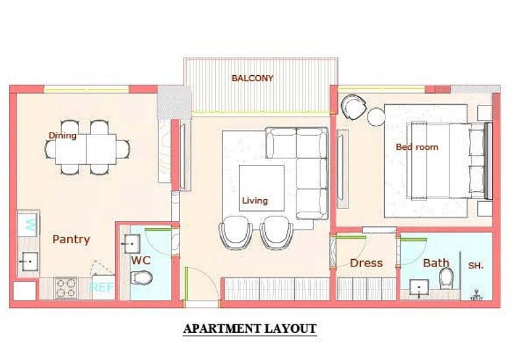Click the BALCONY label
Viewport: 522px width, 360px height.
(252, 78)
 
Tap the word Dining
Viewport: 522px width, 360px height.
(63, 135)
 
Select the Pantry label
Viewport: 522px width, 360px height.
(71, 239)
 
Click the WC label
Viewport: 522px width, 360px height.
(141, 260)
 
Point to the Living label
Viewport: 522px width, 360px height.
(255, 200)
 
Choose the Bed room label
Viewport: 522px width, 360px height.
(417, 147)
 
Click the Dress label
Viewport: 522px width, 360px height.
(366, 263)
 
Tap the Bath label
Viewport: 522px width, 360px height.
(436, 263)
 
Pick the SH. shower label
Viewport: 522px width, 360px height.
(476, 266)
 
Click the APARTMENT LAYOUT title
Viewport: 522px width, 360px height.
(249, 329)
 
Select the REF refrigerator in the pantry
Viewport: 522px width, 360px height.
(102, 287)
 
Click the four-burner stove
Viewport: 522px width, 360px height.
(65, 288)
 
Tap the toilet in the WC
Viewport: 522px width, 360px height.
(141, 278)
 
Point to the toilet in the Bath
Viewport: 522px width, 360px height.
(446, 279)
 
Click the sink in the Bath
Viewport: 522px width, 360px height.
(419, 287)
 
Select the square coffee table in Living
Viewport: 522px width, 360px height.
(262, 188)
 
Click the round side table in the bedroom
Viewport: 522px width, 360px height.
(376, 117)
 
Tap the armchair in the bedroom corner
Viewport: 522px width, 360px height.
(353, 107)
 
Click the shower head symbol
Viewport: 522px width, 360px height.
(477, 295)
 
